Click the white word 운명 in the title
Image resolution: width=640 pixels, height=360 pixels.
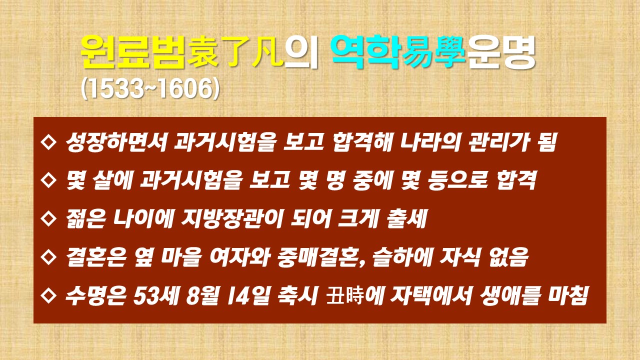(501, 52)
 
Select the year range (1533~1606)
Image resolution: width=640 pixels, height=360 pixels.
(150, 89)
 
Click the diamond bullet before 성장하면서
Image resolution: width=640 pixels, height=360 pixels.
(48, 141)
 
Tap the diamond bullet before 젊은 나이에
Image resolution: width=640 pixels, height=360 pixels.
(48, 218)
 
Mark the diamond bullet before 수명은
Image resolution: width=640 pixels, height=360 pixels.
(48, 295)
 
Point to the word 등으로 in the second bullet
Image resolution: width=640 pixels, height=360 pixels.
(457, 180)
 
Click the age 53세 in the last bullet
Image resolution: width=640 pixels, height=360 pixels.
(156, 295)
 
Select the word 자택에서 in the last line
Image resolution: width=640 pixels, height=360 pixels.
(430, 295)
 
